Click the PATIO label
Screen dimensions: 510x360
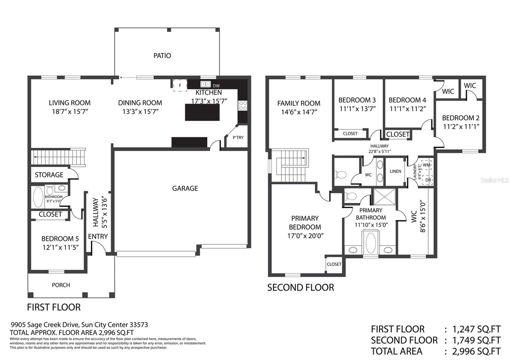pos(162,55)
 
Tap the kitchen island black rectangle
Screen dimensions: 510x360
pos(202,112)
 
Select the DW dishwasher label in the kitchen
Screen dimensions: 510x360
pos(216,86)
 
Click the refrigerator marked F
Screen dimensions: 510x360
pos(180,85)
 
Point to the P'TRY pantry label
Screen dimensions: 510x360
pos(238,137)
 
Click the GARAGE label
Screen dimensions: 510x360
pos(185,188)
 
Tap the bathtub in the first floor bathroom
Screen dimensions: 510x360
pos(38,197)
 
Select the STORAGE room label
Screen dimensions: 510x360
pos(49,175)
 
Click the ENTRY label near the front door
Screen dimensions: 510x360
pos(98,236)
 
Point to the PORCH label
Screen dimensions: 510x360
pos(61,285)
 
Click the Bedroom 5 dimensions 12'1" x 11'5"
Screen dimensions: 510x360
pos(61,247)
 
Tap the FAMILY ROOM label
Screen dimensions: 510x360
pos(299,103)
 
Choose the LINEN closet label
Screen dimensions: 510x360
pos(396,171)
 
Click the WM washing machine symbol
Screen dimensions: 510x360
pos(426,165)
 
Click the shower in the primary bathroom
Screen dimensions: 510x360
pos(384,197)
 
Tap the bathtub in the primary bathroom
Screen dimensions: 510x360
pos(371,243)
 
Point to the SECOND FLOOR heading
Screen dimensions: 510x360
pos(301,287)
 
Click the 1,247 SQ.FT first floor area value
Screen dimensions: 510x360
pos(476,329)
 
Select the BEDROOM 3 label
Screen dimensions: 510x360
pos(357,100)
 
